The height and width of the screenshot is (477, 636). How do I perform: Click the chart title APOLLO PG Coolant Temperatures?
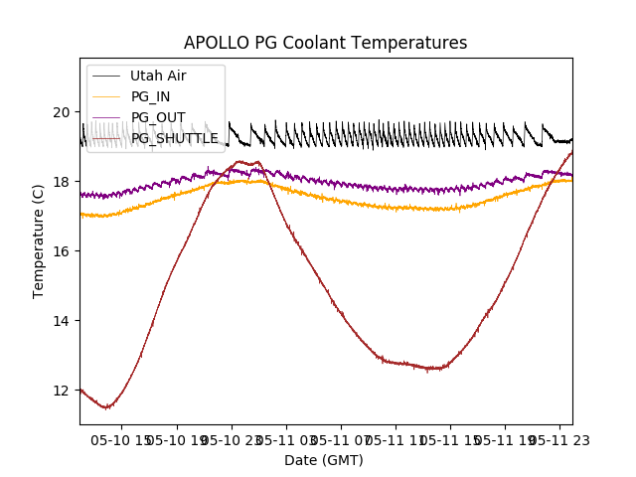[x=325, y=43]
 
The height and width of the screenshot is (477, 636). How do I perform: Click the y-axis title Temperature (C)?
[x=39, y=241]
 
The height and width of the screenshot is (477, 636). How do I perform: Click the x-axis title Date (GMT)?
[x=324, y=460]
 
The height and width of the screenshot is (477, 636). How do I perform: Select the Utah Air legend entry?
[x=158, y=76]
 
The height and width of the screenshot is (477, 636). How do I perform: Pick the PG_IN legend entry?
[x=150, y=96]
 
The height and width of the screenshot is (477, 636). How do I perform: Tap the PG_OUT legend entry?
[x=158, y=117]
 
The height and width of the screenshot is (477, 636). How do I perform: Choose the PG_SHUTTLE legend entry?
[x=174, y=138]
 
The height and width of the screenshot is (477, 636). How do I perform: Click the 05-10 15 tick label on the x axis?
[x=123, y=438]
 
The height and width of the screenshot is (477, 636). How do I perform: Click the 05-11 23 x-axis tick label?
[x=557, y=438]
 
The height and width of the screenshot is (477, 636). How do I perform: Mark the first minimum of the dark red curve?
[x=107, y=407]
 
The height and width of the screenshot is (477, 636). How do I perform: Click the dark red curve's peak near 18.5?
[x=241, y=161]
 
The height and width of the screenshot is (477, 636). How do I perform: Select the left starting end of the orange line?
[x=81, y=214]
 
